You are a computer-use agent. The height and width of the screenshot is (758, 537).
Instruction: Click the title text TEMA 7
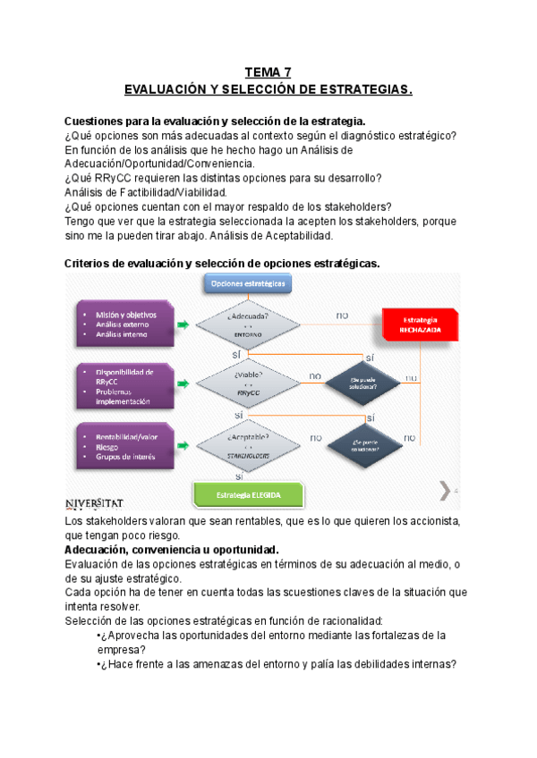pos(268,72)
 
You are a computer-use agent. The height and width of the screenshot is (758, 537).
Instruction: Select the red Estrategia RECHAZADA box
pos(421,324)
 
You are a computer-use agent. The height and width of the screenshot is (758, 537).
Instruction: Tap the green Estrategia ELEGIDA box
pos(249,496)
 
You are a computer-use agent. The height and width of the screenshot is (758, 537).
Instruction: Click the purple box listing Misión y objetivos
pos(124,325)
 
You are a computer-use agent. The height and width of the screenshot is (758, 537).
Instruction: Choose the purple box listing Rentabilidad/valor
pos(124,445)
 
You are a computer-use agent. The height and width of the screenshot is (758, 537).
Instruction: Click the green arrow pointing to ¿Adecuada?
pos(183,325)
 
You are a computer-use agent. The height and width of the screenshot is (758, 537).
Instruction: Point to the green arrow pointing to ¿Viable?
pos(183,384)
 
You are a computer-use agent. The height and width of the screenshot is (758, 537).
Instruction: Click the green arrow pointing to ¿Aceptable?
pos(183,444)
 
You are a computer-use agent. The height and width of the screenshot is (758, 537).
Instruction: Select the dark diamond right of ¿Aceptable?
pos(363,444)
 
